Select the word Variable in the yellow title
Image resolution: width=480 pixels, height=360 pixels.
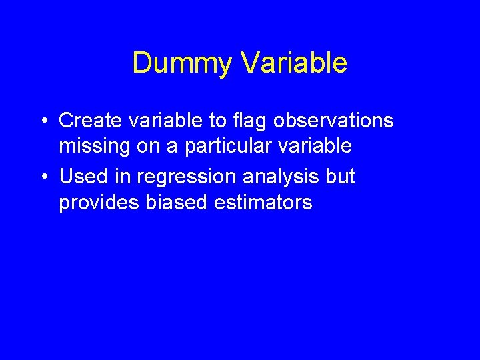tap(293, 63)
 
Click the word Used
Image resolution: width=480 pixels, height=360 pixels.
tap(83, 176)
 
